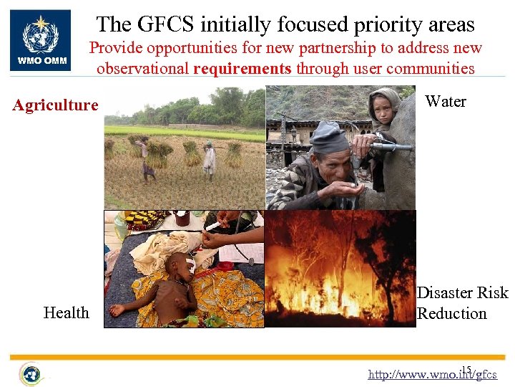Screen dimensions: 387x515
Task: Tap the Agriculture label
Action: (x=56, y=105)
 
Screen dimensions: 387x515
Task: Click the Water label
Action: (x=445, y=102)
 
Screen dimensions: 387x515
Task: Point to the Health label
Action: (x=66, y=312)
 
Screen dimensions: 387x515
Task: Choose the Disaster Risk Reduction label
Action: (x=462, y=303)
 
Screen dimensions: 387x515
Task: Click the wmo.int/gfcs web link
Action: (x=432, y=374)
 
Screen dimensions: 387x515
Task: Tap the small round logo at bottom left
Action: (x=31, y=373)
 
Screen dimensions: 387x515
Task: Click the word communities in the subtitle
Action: (x=432, y=69)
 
